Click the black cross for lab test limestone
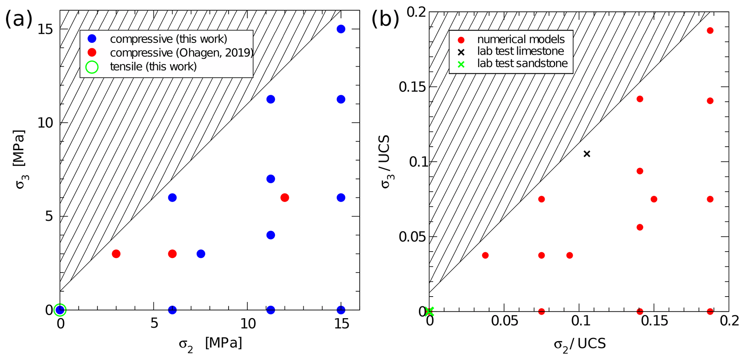pos(587,154)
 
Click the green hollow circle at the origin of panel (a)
pos(60,310)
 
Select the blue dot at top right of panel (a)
pos(341,29)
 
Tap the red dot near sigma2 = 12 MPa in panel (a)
pos(285,197)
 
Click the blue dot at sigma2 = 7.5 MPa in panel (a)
pos(201,254)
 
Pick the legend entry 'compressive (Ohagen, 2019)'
pos(181,53)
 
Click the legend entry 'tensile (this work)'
pos(153,67)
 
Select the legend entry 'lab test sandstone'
pos(522,64)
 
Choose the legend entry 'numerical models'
pos(521,39)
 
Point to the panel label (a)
pos(18,19)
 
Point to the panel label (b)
pos(385,19)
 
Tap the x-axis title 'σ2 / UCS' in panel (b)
pos(580,344)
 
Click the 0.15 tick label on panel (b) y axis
pos(412,87)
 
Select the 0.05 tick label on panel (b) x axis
pos(504,321)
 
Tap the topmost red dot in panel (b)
pos(710,31)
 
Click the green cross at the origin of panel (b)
pos(429,311)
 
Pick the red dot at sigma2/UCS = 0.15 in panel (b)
pos(654,199)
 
